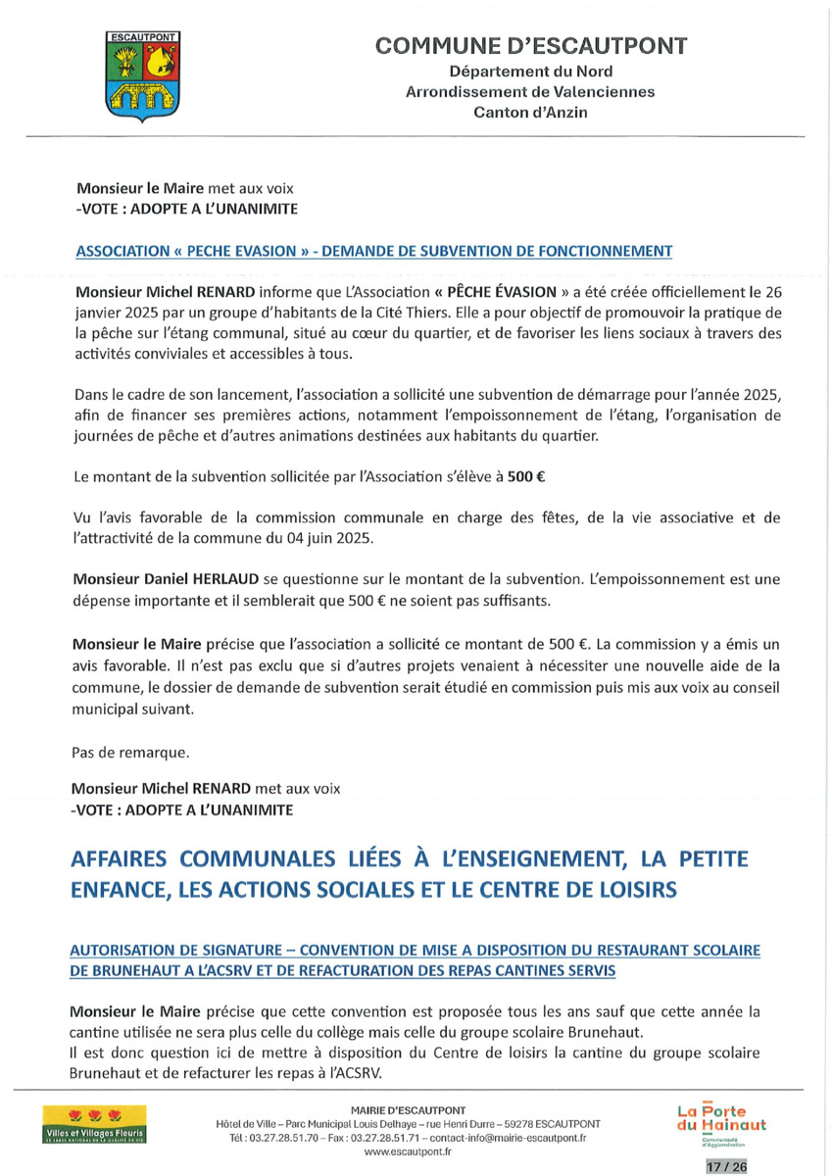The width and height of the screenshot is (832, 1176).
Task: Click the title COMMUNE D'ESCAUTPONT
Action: click(x=531, y=47)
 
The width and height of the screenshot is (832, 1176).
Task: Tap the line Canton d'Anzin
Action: click(x=531, y=113)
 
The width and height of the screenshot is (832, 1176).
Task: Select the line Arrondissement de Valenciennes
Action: click(x=531, y=92)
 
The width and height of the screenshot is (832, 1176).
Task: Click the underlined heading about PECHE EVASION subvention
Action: click(x=373, y=251)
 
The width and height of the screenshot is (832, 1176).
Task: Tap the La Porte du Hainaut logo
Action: click(x=721, y=1122)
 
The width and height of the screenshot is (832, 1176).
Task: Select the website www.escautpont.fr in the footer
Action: click(x=407, y=1152)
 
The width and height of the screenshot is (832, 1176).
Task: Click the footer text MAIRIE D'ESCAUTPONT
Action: click(x=407, y=1109)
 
